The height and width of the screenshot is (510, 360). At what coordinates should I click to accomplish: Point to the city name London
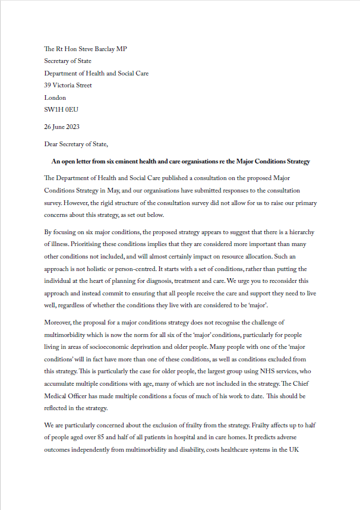click(55, 97)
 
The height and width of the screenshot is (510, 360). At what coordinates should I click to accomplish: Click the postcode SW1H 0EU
click(61, 110)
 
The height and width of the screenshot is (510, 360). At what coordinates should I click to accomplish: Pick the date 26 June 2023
click(62, 127)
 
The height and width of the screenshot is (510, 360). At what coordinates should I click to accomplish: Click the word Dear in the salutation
click(52, 144)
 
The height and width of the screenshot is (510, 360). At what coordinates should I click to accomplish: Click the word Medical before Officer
click(58, 396)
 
